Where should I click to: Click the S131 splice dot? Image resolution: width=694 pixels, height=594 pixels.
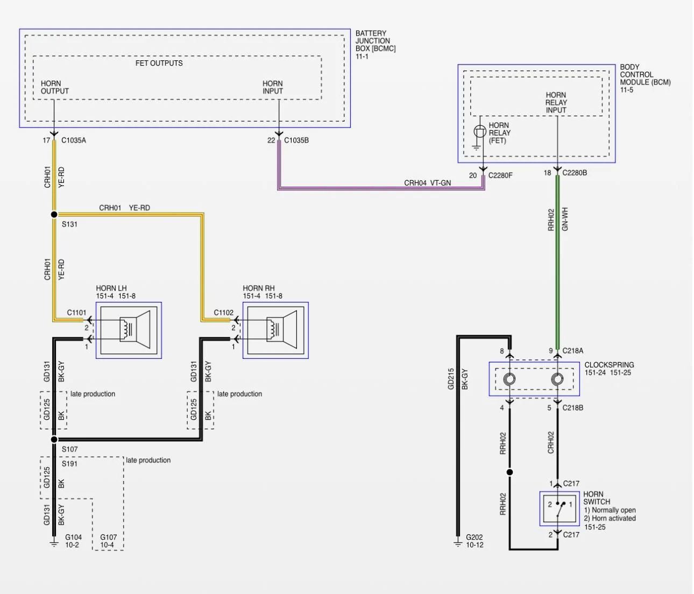point(54,214)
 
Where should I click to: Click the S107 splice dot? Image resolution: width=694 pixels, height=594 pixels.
point(54,439)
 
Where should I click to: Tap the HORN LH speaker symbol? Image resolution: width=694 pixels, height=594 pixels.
point(135,330)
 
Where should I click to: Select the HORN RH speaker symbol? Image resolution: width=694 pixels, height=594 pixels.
point(282,330)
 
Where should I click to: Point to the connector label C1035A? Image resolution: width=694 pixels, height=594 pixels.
point(74,140)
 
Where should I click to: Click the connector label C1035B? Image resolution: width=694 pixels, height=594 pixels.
point(296,140)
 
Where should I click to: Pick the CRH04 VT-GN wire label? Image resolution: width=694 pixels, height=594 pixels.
point(427,183)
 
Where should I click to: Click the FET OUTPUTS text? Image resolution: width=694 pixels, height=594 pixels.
point(159,63)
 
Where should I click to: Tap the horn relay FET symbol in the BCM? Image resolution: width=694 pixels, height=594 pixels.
point(480,131)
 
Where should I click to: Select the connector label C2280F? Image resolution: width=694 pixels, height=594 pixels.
point(500,175)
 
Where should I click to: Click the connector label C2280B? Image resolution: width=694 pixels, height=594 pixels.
point(575,173)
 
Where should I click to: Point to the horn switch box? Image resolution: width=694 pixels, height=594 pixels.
point(560,508)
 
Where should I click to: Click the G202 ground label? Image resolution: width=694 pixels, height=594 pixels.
point(474,538)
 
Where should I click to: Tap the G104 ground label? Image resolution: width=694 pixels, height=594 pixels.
point(74,538)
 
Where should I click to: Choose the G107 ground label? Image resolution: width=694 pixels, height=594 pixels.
point(109,538)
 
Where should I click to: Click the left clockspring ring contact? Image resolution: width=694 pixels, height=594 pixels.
point(509,379)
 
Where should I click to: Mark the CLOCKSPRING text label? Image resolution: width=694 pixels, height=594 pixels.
point(609,365)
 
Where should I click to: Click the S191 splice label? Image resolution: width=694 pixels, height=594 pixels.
point(69,464)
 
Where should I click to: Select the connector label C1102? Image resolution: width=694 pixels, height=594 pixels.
point(224,313)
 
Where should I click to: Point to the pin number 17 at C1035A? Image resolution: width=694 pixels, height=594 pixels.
point(46,140)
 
